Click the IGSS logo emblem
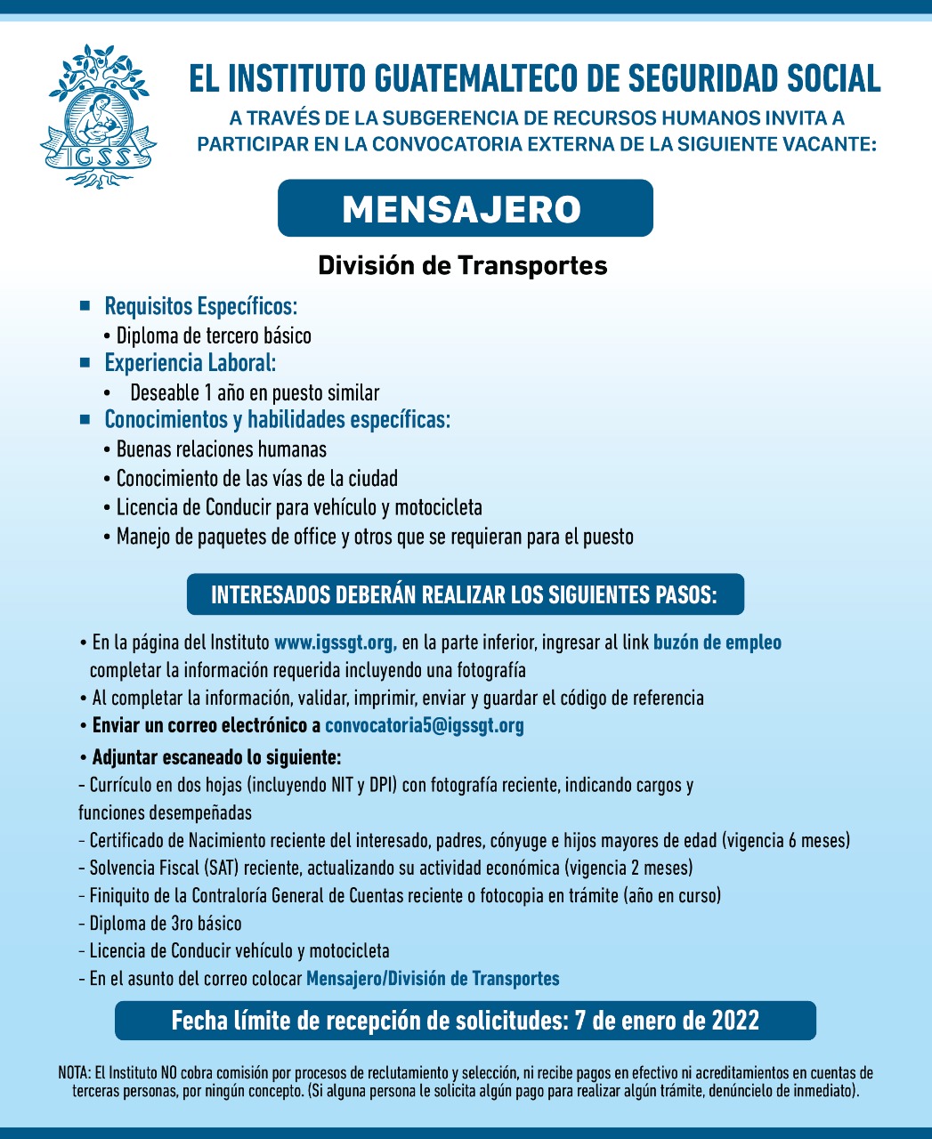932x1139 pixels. [98, 116]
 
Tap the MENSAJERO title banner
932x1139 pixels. [465, 209]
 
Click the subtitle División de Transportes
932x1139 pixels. [463, 265]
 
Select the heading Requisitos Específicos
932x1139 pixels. [200, 307]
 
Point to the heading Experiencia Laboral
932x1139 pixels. [190, 363]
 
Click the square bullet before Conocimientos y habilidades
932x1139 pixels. [85, 418]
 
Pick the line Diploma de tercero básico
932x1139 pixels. [214, 335]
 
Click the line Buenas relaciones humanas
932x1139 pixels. [221, 449]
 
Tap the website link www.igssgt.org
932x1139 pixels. [335, 642]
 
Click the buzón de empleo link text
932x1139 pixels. [717, 642]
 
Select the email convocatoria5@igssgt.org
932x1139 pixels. [425, 725]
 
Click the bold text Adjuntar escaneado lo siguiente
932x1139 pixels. [216, 758]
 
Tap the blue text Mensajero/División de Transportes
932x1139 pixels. [433, 979]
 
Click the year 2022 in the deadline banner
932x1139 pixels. [734, 1020]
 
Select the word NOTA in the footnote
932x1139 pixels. [74, 1073]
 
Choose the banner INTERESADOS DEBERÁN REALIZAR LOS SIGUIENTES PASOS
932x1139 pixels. [465, 594]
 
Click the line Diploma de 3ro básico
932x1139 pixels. [166, 924]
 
